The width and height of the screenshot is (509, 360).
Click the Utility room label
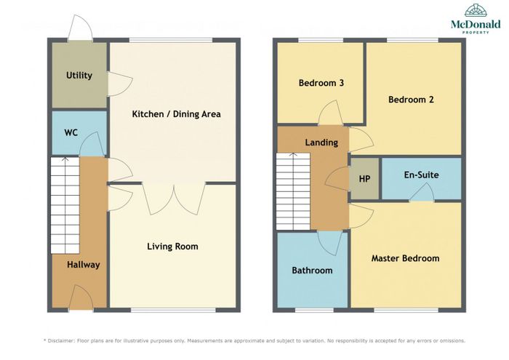(79, 76)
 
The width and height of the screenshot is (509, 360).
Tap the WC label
(71, 132)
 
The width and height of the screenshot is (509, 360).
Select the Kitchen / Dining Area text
(176, 114)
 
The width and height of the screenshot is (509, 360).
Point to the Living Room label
(172, 247)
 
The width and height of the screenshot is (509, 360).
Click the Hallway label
(83, 265)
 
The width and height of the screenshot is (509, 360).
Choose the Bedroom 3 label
(321, 83)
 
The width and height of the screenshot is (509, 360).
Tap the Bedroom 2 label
(411, 100)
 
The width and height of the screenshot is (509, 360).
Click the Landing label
(321, 143)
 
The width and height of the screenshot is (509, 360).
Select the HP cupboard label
(364, 179)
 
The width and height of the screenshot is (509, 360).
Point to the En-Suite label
(421, 175)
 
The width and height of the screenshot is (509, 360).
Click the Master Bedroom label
(406, 258)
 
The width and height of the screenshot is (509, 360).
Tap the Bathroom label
(312, 271)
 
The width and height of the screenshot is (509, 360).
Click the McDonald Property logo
(476, 18)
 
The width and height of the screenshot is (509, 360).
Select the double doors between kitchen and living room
(174, 199)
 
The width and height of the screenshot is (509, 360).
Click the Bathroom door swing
(329, 244)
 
